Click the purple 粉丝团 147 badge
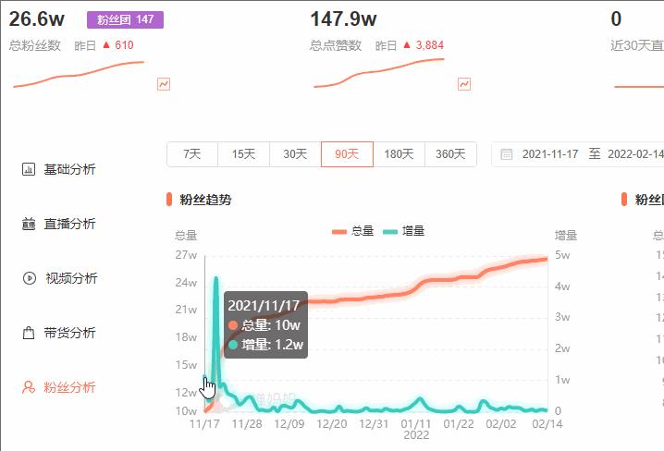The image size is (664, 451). tap(125, 19)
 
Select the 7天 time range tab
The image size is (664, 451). tap(192, 154)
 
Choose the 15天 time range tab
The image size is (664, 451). tap(244, 154)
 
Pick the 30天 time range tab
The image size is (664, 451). tap(295, 154)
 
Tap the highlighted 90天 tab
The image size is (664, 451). tap(347, 154)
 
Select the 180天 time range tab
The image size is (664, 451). tap(399, 154)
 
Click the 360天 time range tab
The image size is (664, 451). tap(450, 154)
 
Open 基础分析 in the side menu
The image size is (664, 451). tap(69, 169)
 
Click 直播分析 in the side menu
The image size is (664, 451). tap(69, 224)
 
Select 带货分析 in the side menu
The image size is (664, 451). tap(69, 333)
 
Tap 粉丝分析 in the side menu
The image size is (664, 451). tap(69, 387)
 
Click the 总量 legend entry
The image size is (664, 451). tap(352, 231)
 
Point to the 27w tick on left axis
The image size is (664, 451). tap(185, 255)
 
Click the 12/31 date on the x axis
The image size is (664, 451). tap(374, 424)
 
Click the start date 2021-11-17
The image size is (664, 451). tap(550, 154)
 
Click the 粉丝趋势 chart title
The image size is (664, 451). tap(205, 200)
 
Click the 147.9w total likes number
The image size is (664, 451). tap(343, 18)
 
